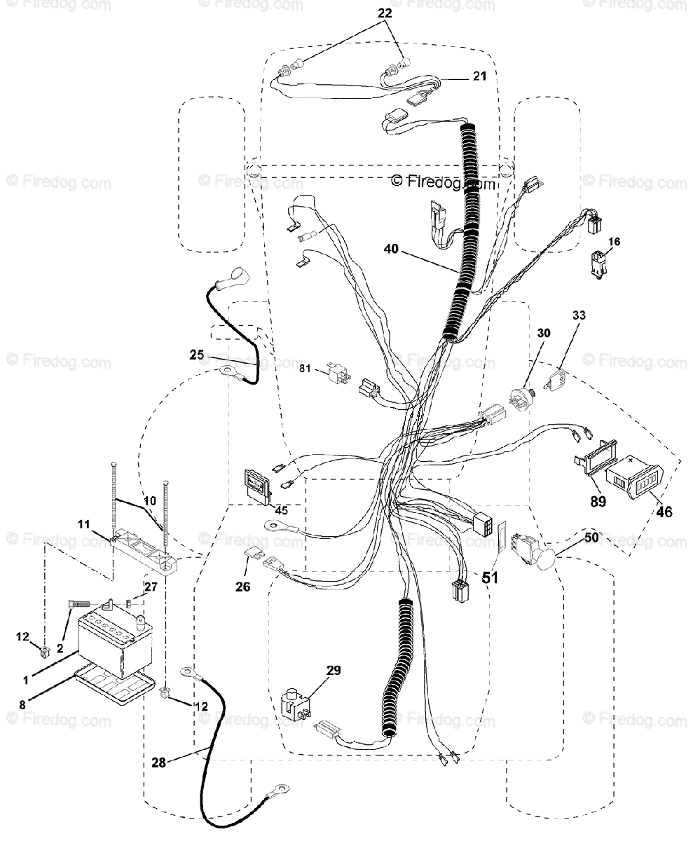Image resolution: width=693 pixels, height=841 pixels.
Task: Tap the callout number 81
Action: coord(305,367)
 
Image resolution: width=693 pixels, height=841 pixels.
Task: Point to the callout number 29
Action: coord(333,671)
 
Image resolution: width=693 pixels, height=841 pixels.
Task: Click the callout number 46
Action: coord(664,512)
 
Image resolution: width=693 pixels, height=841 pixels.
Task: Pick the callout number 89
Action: coord(597,501)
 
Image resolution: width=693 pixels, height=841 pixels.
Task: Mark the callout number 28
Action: coord(159,763)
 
